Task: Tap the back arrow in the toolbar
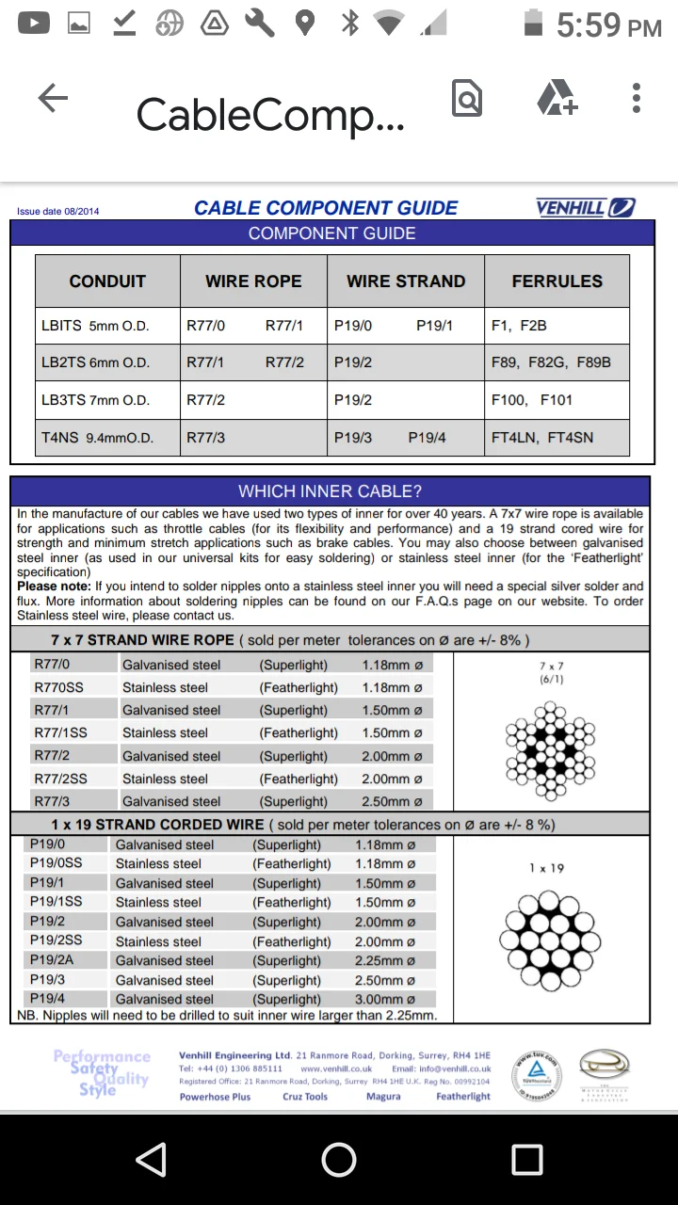pyautogui.click(x=53, y=98)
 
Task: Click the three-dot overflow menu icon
pyautogui.click(x=637, y=98)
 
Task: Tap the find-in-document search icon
pyautogui.click(x=467, y=98)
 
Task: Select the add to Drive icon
pyautogui.click(x=557, y=98)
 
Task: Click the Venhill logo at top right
pyautogui.click(x=585, y=207)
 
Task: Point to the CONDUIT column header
pyautogui.click(x=107, y=281)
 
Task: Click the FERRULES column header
pyautogui.click(x=557, y=281)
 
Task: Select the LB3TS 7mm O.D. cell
pyautogui.click(x=96, y=400)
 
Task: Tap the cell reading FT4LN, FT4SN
pyautogui.click(x=542, y=438)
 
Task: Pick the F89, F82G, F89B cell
pyautogui.click(x=551, y=362)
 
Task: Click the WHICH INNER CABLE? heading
pyautogui.click(x=330, y=491)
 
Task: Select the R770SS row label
pyautogui.click(x=58, y=687)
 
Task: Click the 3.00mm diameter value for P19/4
pyautogui.click(x=384, y=1000)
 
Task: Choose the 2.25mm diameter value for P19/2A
pyautogui.click(x=384, y=961)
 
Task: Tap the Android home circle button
pyautogui.click(x=339, y=1160)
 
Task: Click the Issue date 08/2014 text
pyautogui.click(x=57, y=212)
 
